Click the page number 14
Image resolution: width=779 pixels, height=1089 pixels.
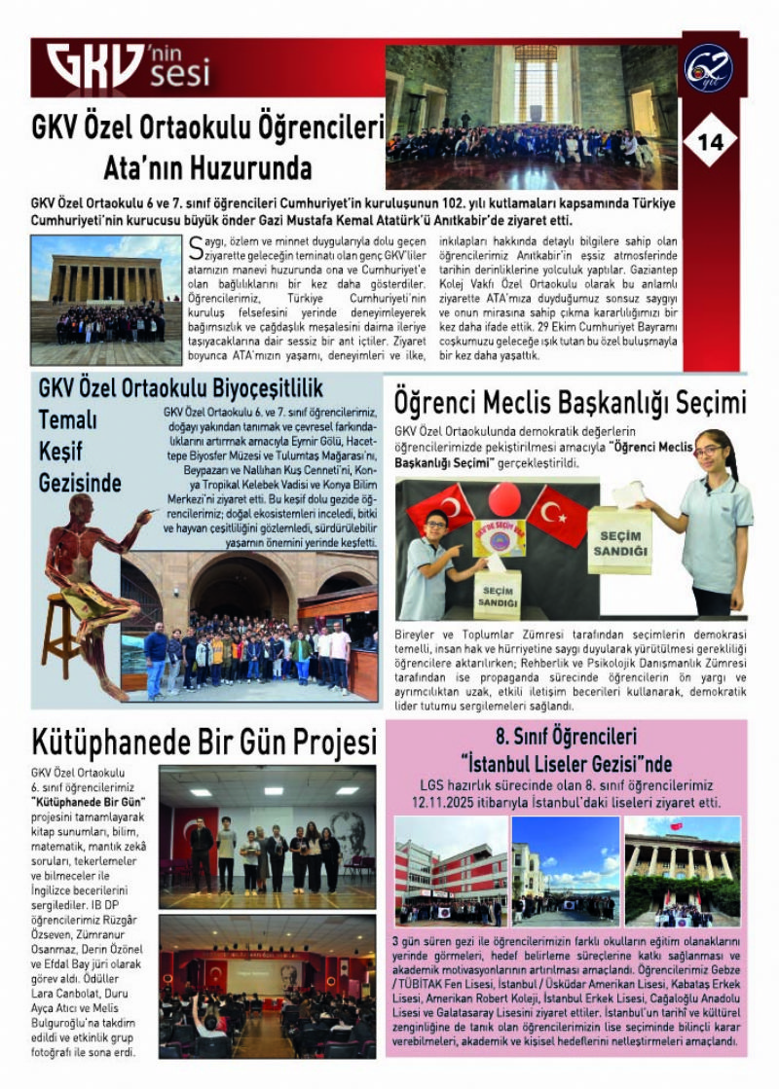tap(711, 141)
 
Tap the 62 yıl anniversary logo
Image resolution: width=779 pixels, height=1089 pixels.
tap(708, 69)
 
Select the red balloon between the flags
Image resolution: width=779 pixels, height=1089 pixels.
tap(503, 498)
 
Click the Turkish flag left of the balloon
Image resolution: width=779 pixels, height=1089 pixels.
tap(440, 508)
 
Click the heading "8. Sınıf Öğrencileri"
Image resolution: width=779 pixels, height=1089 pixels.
tap(565, 737)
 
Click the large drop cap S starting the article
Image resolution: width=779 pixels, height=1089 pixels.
tap(198, 246)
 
